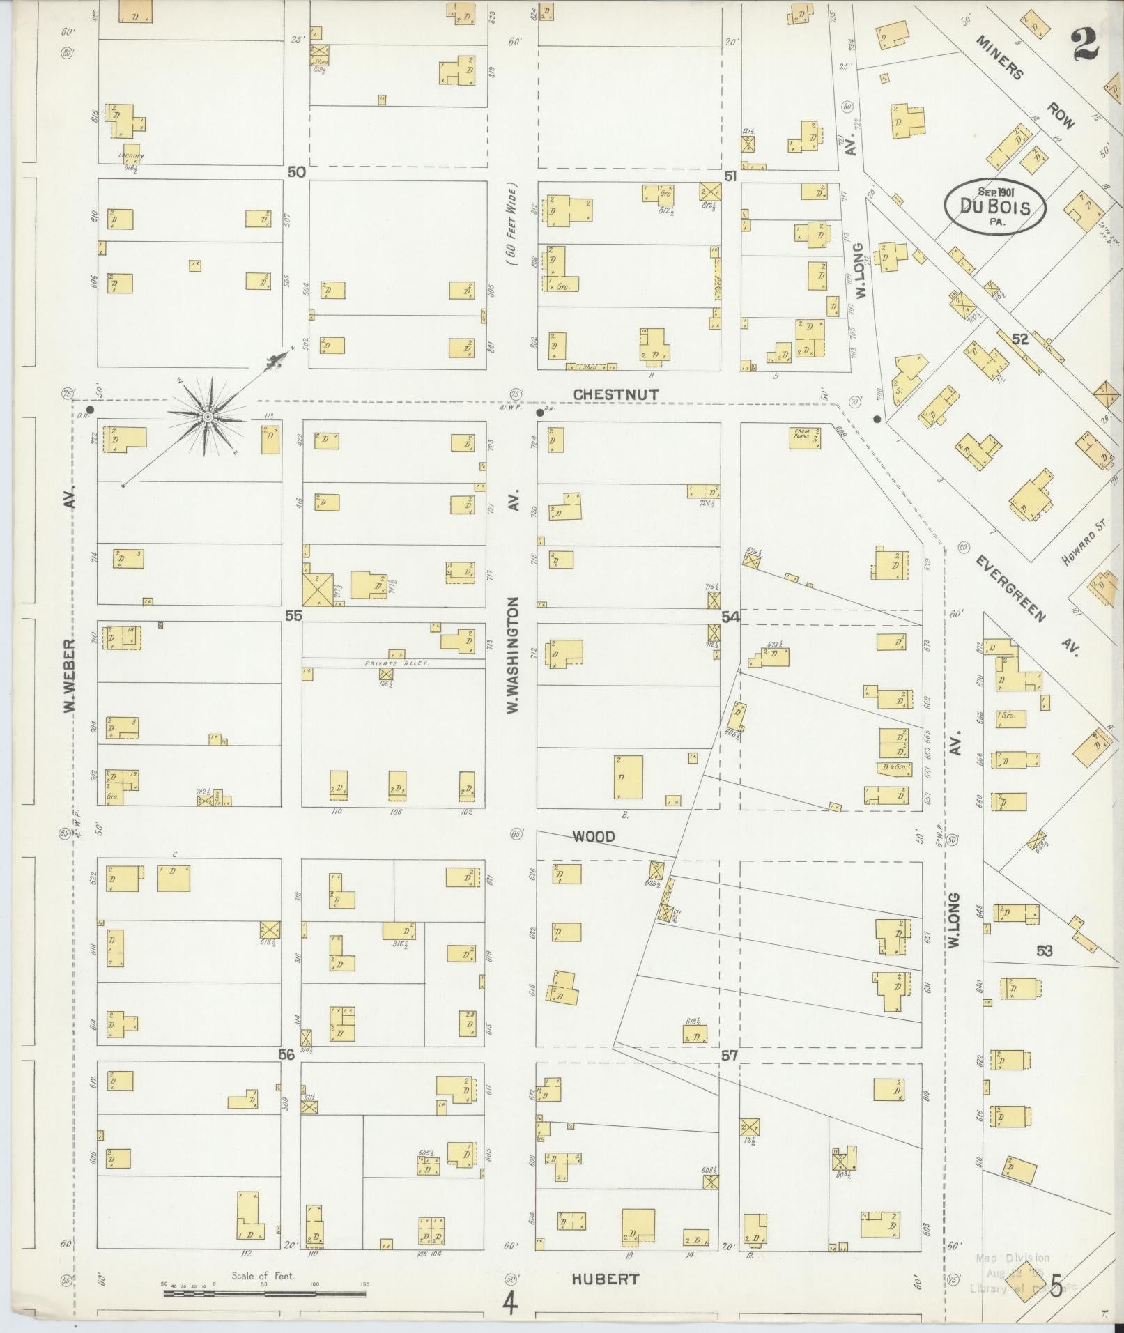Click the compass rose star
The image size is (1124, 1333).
207,416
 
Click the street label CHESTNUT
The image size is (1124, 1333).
615,395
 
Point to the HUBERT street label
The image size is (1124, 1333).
605,1279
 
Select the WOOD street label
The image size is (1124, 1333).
593,836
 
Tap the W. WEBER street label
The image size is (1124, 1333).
69,676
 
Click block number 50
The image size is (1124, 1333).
296,171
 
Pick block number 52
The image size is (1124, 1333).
1019,339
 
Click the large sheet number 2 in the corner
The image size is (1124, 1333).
1085,43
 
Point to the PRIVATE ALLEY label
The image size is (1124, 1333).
398,664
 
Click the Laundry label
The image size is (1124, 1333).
130,155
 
